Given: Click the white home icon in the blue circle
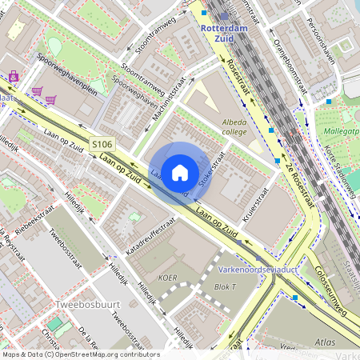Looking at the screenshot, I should pyautogui.click(x=180, y=172).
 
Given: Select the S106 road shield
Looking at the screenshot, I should pyautogui.click(x=102, y=144).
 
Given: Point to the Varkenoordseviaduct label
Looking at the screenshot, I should pyautogui.click(x=258, y=270).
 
